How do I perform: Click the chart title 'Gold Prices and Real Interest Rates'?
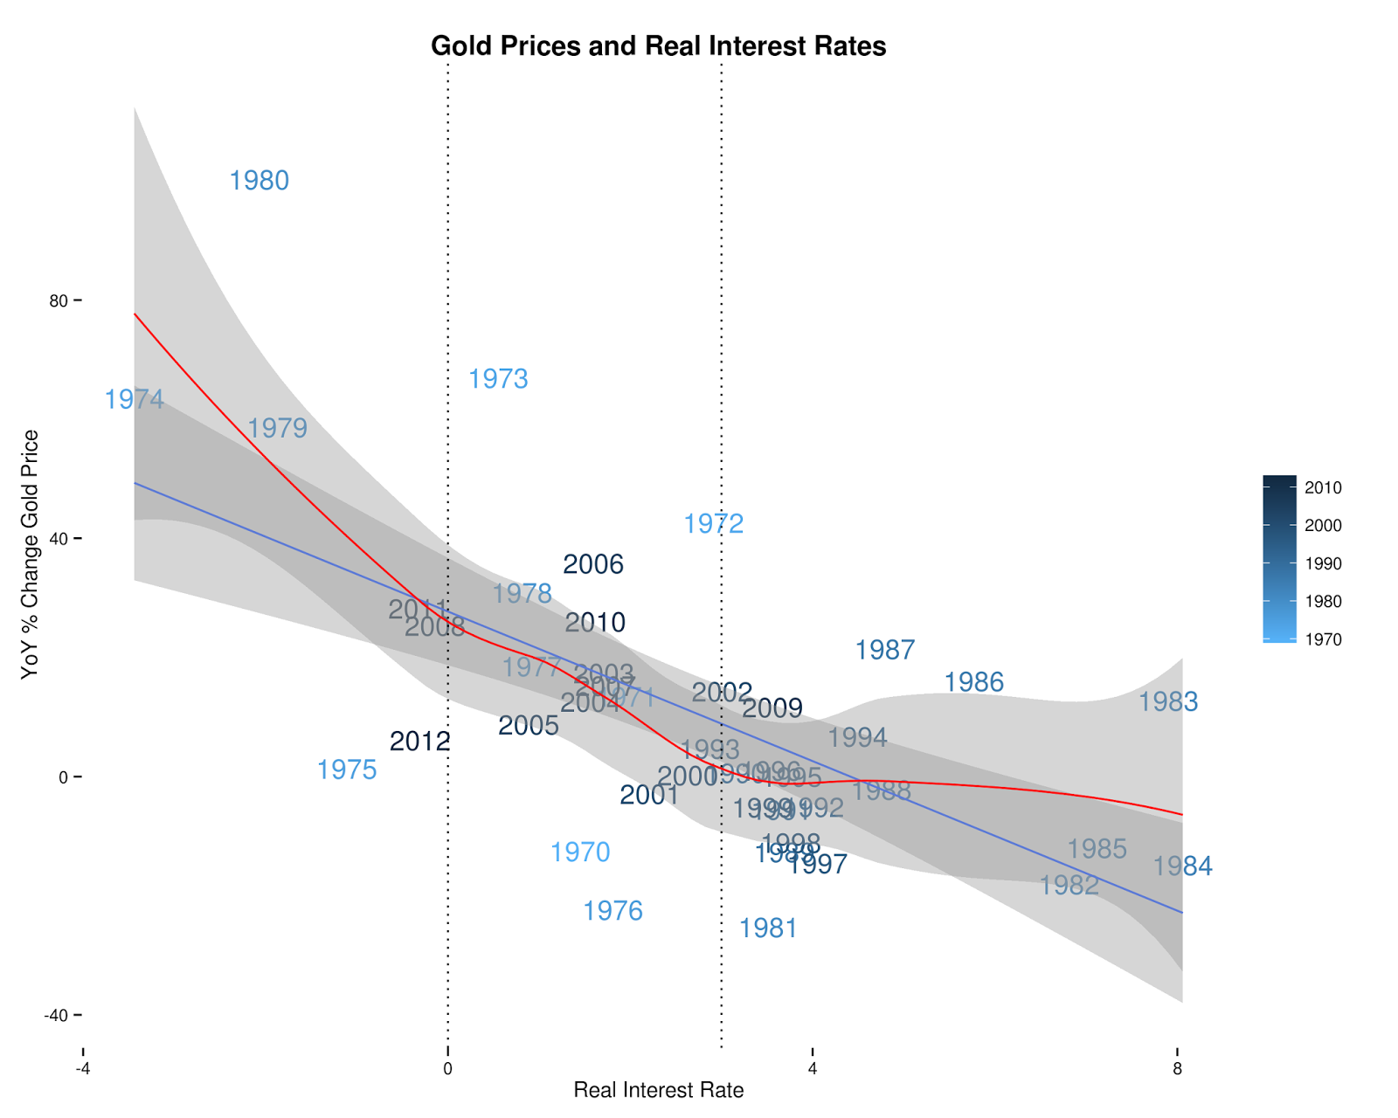[658, 46]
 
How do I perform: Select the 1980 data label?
[259, 181]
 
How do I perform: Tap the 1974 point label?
[134, 399]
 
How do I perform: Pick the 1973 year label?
[498, 379]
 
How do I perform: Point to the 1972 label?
[713, 524]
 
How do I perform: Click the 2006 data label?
[593, 564]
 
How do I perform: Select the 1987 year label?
[885, 650]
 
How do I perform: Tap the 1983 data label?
[1168, 701]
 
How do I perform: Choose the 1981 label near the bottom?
[768, 928]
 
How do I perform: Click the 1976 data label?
[612, 911]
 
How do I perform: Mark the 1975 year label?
[347, 769]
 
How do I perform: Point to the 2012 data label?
[420, 742]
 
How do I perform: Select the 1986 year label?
[974, 682]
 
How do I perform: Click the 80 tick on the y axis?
[58, 300]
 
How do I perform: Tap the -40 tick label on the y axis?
[56, 1015]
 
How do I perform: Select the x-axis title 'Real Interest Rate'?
[658, 1090]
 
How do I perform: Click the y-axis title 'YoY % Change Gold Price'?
[31, 554]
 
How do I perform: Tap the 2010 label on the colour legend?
[1323, 487]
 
